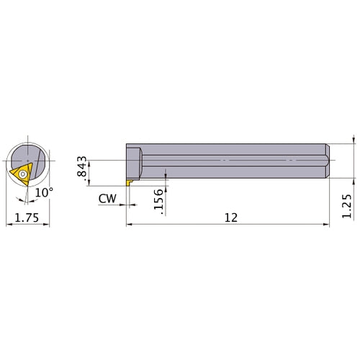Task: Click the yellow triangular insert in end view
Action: (x=21, y=174)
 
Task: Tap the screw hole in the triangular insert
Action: (x=23, y=174)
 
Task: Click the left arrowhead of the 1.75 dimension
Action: (x=8, y=225)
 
